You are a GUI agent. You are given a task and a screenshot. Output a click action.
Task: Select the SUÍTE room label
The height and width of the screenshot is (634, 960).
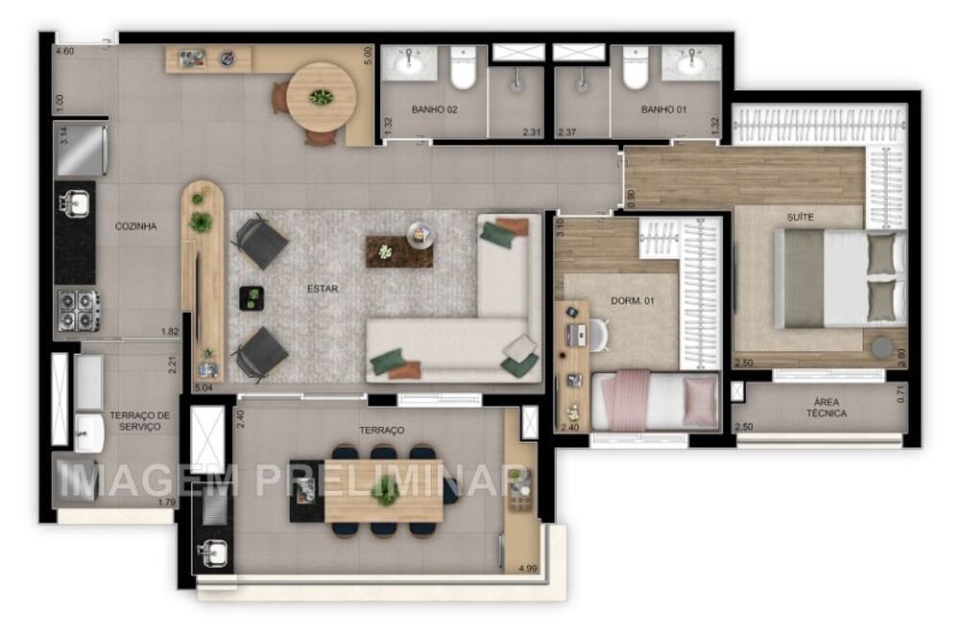[800, 218]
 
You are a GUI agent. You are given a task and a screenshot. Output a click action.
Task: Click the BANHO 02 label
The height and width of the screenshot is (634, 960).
[434, 110]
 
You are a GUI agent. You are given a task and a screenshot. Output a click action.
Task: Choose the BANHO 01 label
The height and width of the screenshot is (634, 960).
[663, 110]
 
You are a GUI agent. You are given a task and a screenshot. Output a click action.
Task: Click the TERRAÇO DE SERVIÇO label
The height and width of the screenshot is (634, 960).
[139, 420]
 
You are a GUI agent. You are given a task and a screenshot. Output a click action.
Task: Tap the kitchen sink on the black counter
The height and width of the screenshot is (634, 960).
[75, 203]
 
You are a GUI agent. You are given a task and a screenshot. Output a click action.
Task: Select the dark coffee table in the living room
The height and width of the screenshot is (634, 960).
[397, 251]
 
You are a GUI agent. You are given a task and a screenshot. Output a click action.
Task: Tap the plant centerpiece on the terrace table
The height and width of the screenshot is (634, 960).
[385, 491]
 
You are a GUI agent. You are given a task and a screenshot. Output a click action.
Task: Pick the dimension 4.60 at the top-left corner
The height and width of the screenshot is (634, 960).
[65, 51]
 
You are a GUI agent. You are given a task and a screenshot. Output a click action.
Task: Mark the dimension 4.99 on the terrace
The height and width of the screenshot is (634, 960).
[527, 569]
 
